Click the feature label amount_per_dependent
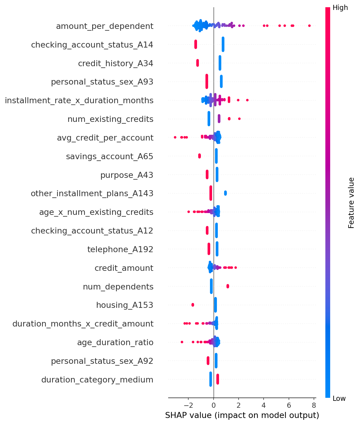coord(105,26)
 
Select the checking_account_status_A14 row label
coord(92,45)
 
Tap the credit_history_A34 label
coord(115,63)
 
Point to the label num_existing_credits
coord(110,119)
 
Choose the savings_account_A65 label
coord(110,156)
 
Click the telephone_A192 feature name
coord(120,249)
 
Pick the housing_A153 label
coord(125,305)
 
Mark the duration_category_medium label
coord(97,380)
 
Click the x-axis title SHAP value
coord(242,416)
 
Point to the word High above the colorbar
coord(340,8)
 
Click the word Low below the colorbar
coord(339,399)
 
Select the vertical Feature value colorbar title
coord(351,203)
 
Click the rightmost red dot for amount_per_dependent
coord(309,26)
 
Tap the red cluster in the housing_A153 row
coord(193,305)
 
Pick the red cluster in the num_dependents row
coord(227,286)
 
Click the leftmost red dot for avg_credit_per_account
coord(175,138)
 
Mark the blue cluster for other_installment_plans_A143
coord(225,193)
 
